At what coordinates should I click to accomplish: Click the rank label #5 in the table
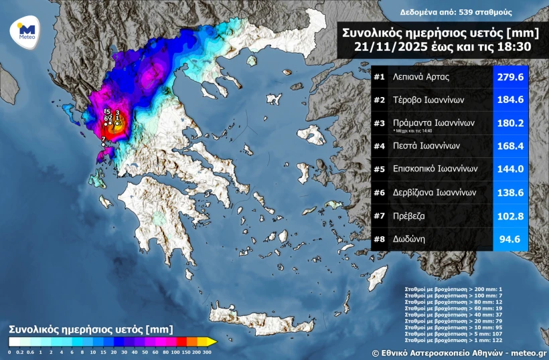pos(379,169)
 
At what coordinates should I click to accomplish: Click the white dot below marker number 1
pos(118,123)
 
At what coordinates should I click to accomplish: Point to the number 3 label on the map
pos(118,112)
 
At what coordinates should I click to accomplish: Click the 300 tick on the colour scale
pos(208,352)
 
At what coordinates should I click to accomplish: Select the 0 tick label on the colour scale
pos(9,352)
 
